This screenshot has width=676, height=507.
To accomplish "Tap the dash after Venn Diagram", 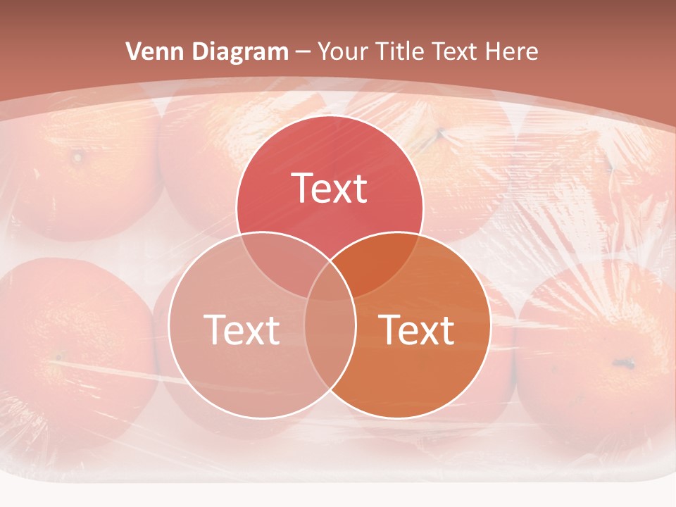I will [303, 52].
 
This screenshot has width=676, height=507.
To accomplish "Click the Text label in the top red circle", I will [330, 188].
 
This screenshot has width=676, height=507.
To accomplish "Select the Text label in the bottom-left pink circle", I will [242, 330].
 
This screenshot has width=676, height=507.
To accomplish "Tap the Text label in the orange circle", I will [417, 330].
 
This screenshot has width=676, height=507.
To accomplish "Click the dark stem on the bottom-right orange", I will [622, 363].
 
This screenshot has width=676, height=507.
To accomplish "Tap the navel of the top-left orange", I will [76, 155].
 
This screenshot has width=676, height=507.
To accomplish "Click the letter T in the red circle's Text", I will [301, 188].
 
